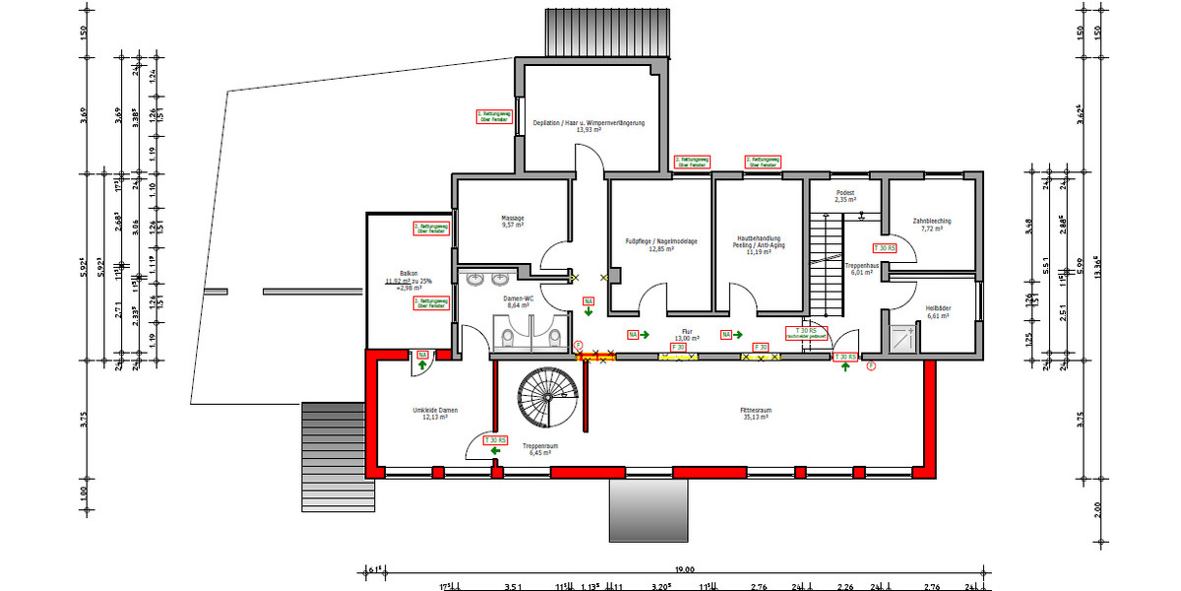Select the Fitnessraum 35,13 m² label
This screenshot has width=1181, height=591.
755,414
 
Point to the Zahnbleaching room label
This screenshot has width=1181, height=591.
931,225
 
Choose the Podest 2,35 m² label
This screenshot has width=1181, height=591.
844,196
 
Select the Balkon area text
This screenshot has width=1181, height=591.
408,280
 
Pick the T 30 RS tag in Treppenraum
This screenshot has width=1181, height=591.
495,440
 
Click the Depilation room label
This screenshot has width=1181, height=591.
589,126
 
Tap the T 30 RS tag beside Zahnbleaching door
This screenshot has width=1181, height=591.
885,249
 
